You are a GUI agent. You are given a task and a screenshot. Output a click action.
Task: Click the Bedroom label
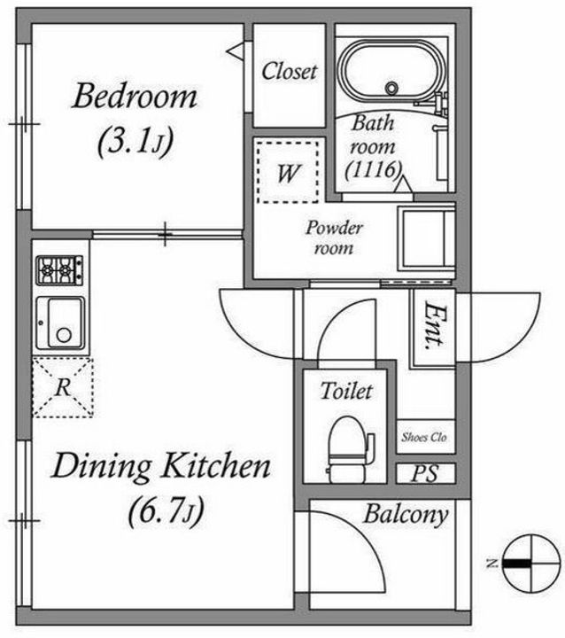point(135,96)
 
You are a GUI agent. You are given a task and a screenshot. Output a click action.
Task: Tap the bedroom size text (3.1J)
point(134,142)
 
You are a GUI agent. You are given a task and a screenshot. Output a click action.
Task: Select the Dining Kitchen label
point(160,465)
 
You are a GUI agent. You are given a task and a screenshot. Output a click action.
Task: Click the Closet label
point(289,72)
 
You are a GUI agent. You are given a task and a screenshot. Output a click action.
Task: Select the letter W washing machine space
point(287,173)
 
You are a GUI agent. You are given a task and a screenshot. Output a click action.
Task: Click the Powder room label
point(334,238)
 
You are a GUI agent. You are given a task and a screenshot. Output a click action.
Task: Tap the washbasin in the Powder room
point(425,237)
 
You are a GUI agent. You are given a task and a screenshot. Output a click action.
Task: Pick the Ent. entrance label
point(433,327)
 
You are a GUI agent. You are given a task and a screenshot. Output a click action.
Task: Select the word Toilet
point(346,390)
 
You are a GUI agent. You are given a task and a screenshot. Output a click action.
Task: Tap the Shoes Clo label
point(424,437)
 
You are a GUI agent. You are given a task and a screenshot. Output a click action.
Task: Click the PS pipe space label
point(425,473)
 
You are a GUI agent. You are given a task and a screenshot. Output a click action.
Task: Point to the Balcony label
point(406,515)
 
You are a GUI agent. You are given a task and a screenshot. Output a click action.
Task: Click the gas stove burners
point(59,269)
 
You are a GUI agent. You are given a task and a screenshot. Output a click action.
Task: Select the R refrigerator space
point(62,386)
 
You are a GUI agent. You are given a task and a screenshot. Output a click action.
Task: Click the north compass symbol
point(526,563)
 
